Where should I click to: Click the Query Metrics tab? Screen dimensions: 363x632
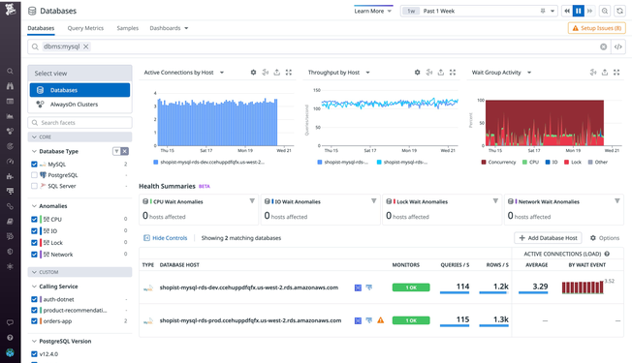(85, 28)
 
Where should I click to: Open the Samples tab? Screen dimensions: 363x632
(127, 28)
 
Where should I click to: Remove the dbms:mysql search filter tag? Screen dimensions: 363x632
(85, 46)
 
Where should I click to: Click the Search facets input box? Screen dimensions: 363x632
(81, 123)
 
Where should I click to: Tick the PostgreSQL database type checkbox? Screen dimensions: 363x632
(35, 175)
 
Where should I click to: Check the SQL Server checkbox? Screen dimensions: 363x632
(35, 186)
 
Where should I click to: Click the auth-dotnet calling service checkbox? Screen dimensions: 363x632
(35, 298)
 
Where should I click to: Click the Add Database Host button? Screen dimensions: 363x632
(548, 237)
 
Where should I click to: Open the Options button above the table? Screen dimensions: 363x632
(605, 237)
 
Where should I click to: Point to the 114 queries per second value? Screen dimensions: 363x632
(461, 287)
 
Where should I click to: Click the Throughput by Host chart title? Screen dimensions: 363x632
(333, 73)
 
